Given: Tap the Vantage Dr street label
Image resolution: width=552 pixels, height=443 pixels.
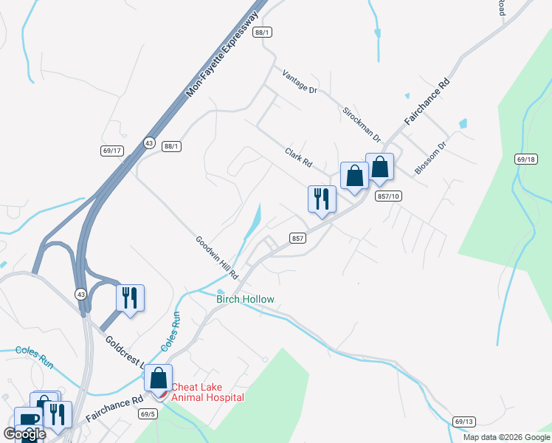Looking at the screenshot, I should [x=300, y=81].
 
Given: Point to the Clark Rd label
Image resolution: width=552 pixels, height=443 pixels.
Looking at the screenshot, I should [x=299, y=157].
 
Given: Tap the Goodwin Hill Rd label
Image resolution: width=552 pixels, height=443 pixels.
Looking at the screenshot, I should [x=217, y=257].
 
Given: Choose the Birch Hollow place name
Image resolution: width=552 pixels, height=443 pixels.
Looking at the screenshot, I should [x=245, y=299].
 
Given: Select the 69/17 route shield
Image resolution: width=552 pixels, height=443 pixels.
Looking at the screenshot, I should [x=112, y=151].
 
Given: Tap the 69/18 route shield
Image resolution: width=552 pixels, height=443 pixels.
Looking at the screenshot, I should [x=526, y=159].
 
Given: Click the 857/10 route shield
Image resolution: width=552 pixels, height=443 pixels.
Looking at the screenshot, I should [x=387, y=196].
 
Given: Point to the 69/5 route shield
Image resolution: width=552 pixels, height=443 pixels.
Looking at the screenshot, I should [x=147, y=414].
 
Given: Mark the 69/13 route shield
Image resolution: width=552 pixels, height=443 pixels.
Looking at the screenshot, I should [x=464, y=422].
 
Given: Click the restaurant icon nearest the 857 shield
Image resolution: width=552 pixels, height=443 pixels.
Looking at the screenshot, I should [x=322, y=199].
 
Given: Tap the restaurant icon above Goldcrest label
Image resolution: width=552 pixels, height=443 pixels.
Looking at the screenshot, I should [x=131, y=298].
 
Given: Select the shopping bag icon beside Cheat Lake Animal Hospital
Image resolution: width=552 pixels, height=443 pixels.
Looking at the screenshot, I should [x=159, y=378].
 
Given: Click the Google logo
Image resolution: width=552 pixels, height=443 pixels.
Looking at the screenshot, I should [x=24, y=433].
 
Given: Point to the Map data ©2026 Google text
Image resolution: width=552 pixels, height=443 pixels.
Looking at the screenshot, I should [x=506, y=437].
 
